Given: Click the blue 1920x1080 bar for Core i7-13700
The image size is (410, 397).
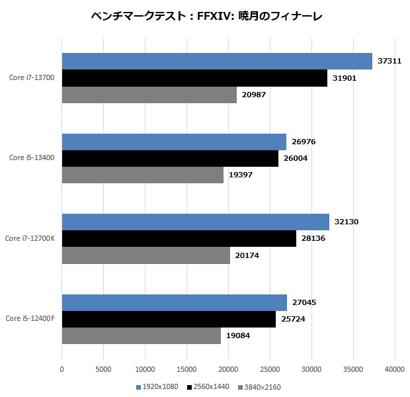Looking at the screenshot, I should click(x=217, y=62).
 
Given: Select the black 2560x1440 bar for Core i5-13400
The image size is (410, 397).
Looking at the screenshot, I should click(x=170, y=159).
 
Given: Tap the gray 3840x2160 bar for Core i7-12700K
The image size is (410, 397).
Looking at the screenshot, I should click(x=146, y=256).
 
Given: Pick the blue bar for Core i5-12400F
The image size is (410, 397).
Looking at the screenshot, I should click(x=175, y=303).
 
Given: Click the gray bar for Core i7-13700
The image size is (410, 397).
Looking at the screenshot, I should click(x=149, y=95).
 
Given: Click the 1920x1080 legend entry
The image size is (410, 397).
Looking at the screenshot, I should click(x=157, y=386).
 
